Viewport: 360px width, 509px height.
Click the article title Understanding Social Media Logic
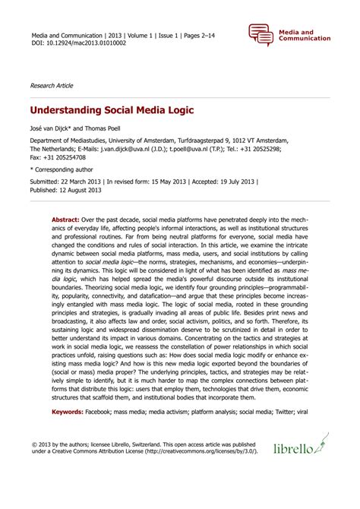pyautogui.click(x=112, y=110)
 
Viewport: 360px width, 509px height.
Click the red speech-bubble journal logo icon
pyautogui.click(x=260, y=35)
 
